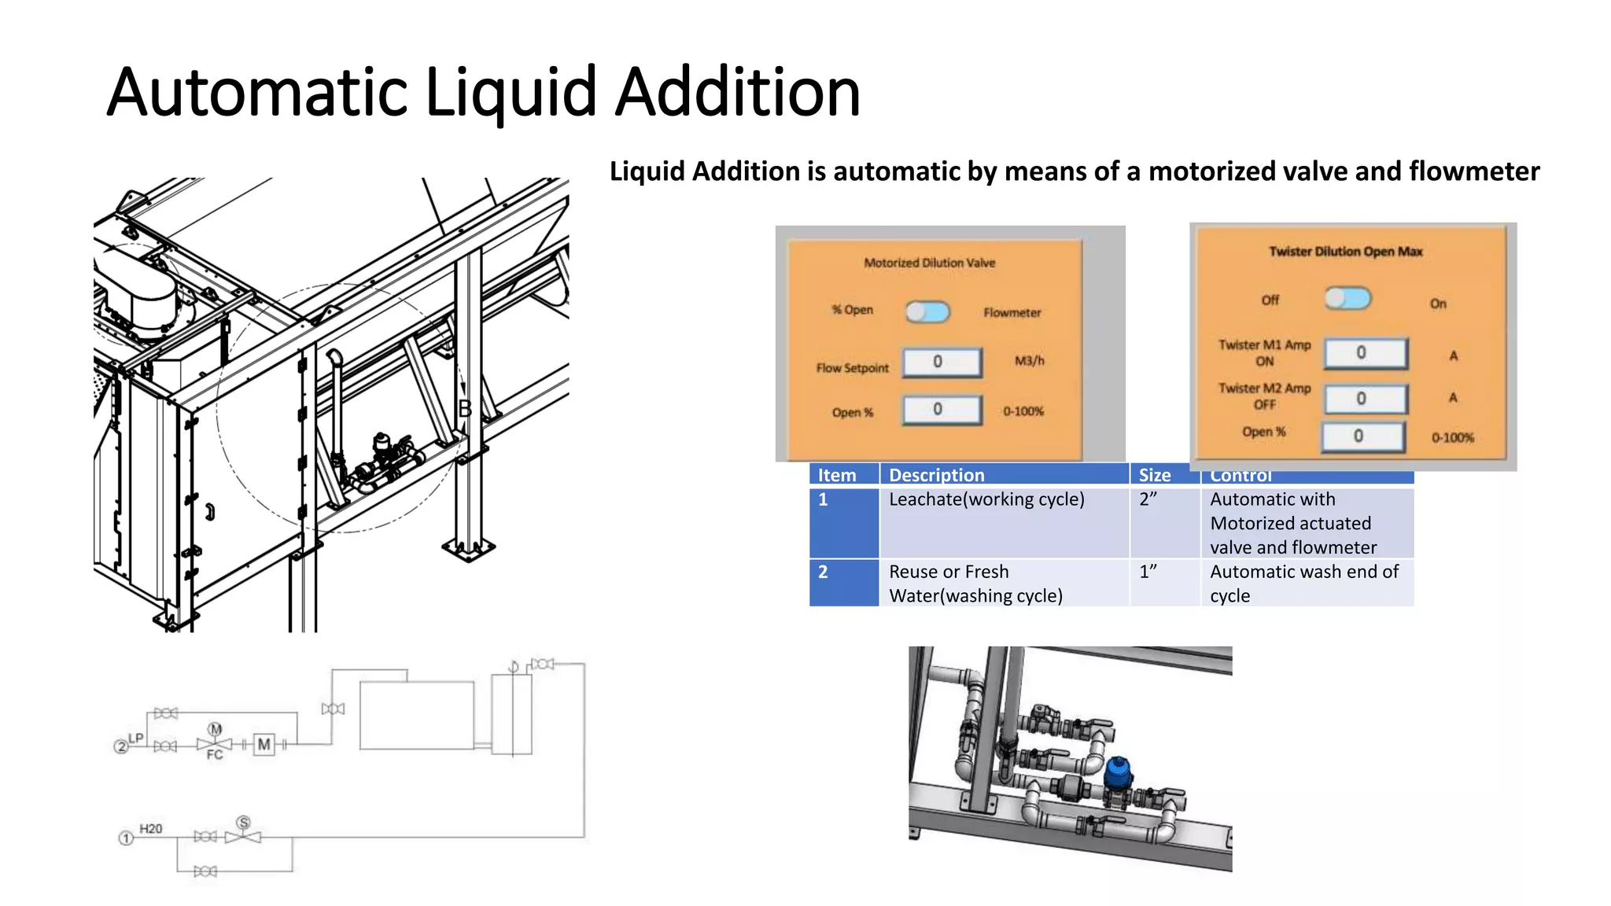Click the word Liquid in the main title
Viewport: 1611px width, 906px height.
[x=511, y=93]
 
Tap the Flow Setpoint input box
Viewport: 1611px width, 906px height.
[x=942, y=362]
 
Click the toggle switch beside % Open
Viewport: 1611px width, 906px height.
[x=927, y=312]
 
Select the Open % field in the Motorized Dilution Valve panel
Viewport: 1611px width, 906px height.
[x=942, y=410]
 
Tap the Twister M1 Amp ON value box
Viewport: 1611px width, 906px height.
[x=1365, y=353]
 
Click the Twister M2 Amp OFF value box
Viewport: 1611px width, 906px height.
[x=1365, y=399]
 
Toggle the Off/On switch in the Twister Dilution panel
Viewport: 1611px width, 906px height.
[x=1347, y=299]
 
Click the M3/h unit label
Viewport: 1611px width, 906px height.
[x=1029, y=361]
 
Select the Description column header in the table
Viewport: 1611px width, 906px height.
[x=936, y=475]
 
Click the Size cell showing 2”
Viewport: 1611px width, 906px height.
[x=1148, y=499]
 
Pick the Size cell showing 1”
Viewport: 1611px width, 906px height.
[x=1148, y=572]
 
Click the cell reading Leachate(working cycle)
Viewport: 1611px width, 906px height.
[x=986, y=499]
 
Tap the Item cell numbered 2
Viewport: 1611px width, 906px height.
[x=824, y=572]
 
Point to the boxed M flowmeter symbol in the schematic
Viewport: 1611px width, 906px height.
[x=264, y=744]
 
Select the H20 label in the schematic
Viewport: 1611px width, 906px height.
[x=150, y=829]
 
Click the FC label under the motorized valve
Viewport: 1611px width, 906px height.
[x=214, y=755]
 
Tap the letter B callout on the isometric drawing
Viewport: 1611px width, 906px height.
[x=465, y=408]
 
